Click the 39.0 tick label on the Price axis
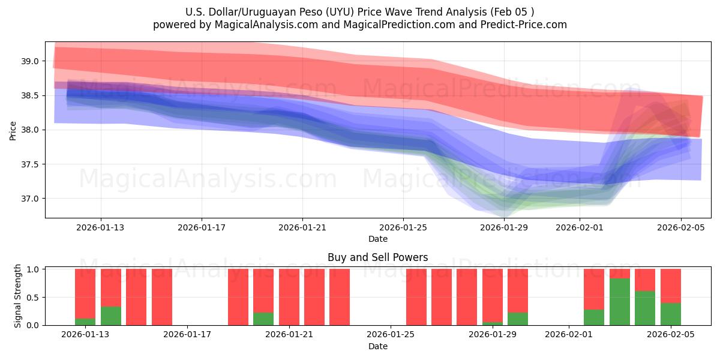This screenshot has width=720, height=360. coord(31,61)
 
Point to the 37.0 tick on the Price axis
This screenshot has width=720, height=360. coord(31,199)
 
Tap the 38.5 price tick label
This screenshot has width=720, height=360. coord(31,95)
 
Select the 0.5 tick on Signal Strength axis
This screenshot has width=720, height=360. coord(33,297)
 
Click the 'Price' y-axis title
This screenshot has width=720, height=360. coord(13,130)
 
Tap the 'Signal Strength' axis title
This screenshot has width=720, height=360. coord(18,296)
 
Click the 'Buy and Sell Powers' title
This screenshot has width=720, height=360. coord(377,257)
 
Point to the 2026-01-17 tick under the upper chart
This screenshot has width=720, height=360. coord(202,227)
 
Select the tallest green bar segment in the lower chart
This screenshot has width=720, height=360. coord(620,302)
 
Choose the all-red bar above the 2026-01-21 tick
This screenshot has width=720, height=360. coord(289,297)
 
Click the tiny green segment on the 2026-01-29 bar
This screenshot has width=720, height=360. coord(493,323)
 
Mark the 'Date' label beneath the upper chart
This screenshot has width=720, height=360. coord(377,239)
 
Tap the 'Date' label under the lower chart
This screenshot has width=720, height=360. coord(377,346)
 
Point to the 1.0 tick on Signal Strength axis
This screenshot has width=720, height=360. coord(33,269)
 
